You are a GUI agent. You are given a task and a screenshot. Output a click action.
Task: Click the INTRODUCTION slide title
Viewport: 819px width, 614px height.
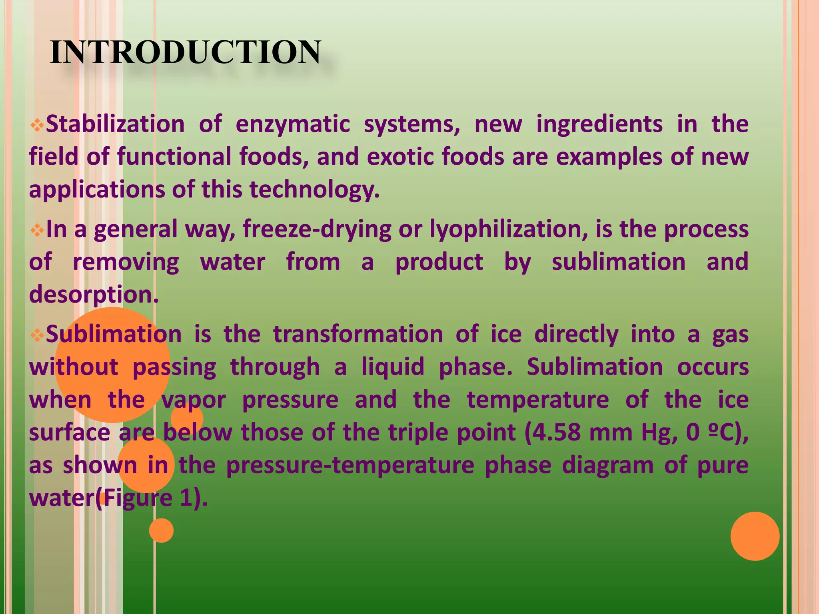click(x=185, y=52)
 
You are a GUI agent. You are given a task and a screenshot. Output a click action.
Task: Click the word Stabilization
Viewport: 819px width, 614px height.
click(x=115, y=124)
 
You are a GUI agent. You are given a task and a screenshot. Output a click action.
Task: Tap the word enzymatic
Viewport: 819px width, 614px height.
click(x=293, y=124)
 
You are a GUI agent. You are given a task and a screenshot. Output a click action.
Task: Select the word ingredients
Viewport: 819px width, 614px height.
click(x=599, y=124)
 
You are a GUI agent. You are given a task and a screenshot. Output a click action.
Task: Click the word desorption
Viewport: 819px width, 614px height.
click(x=94, y=295)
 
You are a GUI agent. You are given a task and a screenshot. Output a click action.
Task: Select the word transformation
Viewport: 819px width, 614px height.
click(x=358, y=334)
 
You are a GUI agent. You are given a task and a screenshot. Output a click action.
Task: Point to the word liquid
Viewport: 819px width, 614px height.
click(x=393, y=367)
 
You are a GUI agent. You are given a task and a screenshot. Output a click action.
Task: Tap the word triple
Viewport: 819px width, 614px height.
click(x=419, y=433)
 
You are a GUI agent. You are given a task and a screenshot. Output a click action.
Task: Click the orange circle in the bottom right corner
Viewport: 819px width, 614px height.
click(x=755, y=536)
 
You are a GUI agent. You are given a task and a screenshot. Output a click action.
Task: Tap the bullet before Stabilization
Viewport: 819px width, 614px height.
click(x=37, y=126)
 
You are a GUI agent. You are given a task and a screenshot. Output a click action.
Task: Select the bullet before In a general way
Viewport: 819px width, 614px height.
click(x=37, y=231)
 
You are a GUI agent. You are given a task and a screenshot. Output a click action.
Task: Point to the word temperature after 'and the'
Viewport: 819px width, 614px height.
click(x=538, y=400)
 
